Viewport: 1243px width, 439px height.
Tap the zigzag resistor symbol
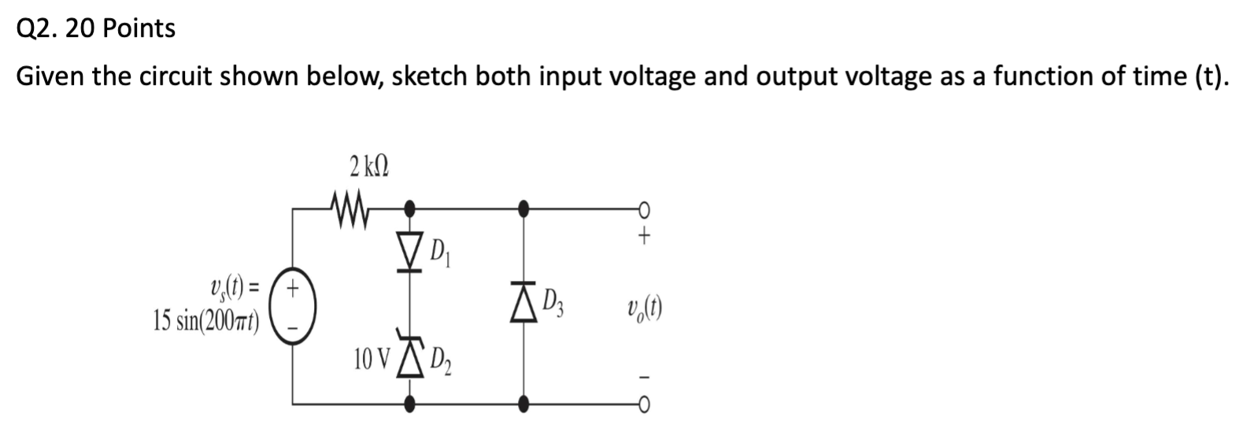coord(346,210)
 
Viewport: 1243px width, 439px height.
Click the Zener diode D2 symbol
coord(409,358)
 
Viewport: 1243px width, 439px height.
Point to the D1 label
coord(438,254)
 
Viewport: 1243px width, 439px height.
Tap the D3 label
coord(555,304)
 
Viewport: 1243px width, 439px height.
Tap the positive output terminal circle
coord(645,209)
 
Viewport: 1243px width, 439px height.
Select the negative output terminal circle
coord(645,404)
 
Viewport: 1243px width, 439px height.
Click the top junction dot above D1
coord(409,209)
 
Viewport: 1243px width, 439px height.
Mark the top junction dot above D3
coord(523,209)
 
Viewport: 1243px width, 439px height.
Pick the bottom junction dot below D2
coord(409,404)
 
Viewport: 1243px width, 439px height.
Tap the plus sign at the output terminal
coord(645,234)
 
